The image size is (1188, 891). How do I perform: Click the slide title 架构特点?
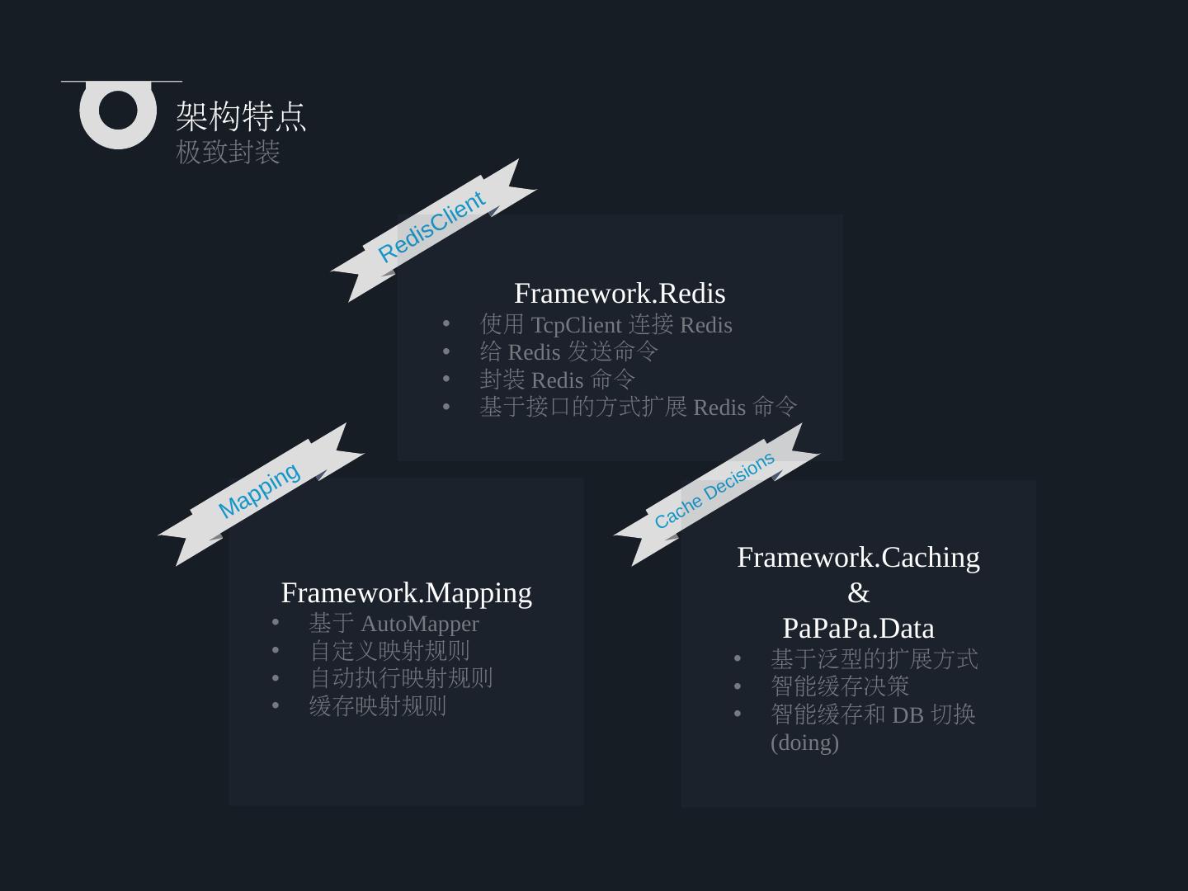pyautogui.click(x=241, y=116)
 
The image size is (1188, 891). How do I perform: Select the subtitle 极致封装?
pyautogui.click(x=228, y=153)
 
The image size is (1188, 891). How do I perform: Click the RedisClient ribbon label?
pyautogui.click(x=431, y=227)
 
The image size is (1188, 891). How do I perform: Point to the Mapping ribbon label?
pyautogui.click(x=259, y=491)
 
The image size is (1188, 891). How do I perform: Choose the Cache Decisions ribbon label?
pyautogui.click(x=714, y=490)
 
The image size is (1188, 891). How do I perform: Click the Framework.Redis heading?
pyautogui.click(x=620, y=294)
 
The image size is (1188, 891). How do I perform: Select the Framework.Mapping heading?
pyautogui.click(x=406, y=593)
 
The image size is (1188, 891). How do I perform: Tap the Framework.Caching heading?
pyautogui.click(x=858, y=558)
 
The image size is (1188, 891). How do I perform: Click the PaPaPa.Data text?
pyautogui.click(x=858, y=629)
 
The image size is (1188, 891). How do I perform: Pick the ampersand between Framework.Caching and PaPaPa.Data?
pyautogui.click(x=858, y=593)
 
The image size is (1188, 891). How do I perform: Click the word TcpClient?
pyautogui.click(x=576, y=325)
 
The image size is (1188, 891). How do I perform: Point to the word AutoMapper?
pyautogui.click(x=419, y=624)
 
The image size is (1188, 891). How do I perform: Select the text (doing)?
pyautogui.click(x=804, y=742)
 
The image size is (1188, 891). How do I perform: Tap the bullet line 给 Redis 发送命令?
pyautogui.click(x=568, y=352)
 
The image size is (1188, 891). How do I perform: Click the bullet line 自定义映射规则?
pyautogui.click(x=389, y=651)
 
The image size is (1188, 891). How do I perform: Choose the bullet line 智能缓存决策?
pyautogui.click(x=840, y=686)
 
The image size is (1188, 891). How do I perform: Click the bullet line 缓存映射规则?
pyautogui.click(x=378, y=706)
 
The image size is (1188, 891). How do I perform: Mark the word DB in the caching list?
pyautogui.click(x=907, y=715)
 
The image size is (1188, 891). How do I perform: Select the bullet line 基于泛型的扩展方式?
pyautogui.click(x=874, y=659)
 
